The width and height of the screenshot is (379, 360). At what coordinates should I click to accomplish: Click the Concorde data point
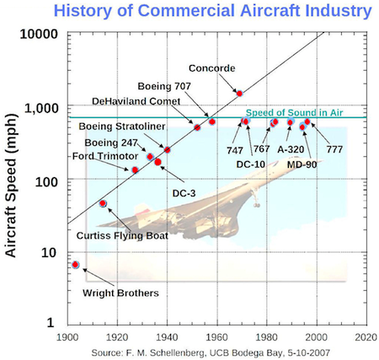point(239,94)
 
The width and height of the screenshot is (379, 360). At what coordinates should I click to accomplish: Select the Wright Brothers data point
point(75,265)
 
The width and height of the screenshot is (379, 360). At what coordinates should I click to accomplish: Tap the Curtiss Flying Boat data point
point(103,203)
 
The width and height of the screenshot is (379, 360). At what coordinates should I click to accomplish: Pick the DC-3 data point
point(157,162)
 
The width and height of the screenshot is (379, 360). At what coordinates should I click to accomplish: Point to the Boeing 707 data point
point(212,121)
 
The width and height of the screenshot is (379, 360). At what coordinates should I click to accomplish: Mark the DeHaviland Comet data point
point(197,127)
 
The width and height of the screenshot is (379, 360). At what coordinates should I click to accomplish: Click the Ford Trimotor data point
point(135,170)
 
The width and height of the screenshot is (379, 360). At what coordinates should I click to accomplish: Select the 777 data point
point(307,121)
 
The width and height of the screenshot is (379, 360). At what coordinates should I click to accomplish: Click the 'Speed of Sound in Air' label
point(294,113)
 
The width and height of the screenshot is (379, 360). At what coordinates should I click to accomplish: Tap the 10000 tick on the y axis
point(39,34)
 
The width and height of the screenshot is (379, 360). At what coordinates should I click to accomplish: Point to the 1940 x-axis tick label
point(167,337)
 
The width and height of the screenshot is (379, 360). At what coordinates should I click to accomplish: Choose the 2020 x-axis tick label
point(366,337)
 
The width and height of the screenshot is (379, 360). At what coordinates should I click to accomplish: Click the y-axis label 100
point(46,182)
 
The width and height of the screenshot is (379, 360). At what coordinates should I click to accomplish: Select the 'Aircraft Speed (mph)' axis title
point(11,185)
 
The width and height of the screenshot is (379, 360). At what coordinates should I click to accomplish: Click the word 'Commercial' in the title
point(186,10)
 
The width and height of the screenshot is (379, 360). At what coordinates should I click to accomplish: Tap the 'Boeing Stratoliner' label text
point(122,126)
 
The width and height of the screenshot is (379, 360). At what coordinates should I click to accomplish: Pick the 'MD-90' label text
point(302,164)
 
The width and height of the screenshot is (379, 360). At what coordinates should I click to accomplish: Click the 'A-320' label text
point(291,149)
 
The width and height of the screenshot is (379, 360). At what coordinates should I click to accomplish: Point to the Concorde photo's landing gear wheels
point(257,205)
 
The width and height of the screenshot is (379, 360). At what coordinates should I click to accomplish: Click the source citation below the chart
point(211,352)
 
